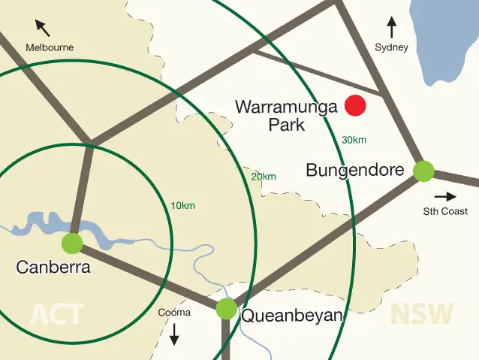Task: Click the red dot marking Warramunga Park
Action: [x=355, y=106]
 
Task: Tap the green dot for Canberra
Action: [x=72, y=243]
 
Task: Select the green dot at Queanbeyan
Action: [x=226, y=308]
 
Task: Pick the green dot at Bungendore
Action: [x=424, y=171]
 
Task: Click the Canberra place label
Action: [x=53, y=267]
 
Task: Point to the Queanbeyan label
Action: [x=291, y=316]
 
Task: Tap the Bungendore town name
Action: [x=355, y=171]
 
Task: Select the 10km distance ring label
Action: [x=183, y=206]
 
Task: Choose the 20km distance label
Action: [x=264, y=177]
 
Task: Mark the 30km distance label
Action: [x=354, y=141]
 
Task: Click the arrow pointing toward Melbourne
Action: [x=43, y=29]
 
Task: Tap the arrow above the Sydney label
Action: [x=391, y=29]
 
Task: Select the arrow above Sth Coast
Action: [x=445, y=196]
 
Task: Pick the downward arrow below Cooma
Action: [x=174, y=334]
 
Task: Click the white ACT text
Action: [x=56, y=313]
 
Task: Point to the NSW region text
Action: [x=422, y=313]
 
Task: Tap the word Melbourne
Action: [x=50, y=47]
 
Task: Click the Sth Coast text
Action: [x=445, y=211]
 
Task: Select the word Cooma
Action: [x=174, y=313]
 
